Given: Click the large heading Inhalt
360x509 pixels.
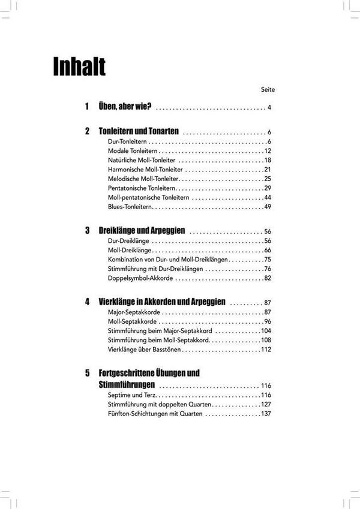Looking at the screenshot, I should point(79,67).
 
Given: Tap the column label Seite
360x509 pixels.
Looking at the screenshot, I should point(268,89).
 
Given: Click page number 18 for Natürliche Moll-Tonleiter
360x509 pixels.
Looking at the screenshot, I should point(268,160).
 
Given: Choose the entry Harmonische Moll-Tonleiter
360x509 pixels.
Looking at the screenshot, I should point(142,170).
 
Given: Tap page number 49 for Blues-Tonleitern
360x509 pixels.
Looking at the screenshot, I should point(268,207).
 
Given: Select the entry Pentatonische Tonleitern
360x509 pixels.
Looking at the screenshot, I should point(142,188).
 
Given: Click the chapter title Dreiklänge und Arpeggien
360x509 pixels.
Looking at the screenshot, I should point(142,231).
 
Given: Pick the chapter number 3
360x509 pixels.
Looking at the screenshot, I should point(87,231).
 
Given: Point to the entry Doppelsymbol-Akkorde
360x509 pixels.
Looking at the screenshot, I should point(140,278).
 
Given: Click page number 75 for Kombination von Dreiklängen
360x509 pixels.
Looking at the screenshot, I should point(268,260).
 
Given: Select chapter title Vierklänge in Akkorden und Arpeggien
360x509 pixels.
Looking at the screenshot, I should point(162,303).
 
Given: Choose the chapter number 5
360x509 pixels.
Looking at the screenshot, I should point(87,373).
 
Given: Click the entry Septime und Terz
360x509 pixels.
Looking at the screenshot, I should point(133,396).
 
